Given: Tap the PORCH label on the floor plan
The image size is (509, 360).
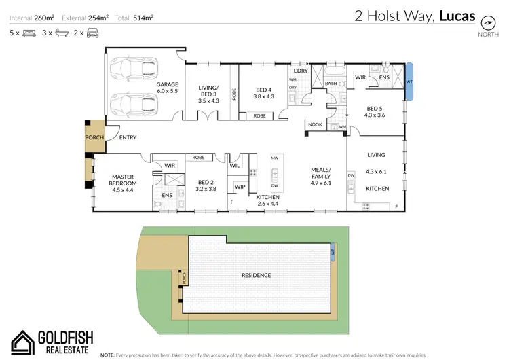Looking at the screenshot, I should click(93, 137).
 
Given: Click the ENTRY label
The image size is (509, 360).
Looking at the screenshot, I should click(128, 138).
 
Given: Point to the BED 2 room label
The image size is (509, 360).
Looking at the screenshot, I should click(206, 185).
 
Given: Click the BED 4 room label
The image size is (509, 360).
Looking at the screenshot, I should click(264, 94).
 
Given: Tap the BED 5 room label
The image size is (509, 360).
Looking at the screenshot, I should click(375, 111).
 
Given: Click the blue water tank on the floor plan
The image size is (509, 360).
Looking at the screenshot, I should click(409, 81).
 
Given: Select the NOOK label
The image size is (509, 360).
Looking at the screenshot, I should click(316, 124).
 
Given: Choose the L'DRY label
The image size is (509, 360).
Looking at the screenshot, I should click(300, 71).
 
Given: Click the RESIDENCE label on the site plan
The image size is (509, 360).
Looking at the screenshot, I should click(257, 276).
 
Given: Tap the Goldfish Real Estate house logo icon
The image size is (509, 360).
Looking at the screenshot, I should click(24, 342).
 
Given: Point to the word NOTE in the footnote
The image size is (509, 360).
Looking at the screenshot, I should click(107, 355).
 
